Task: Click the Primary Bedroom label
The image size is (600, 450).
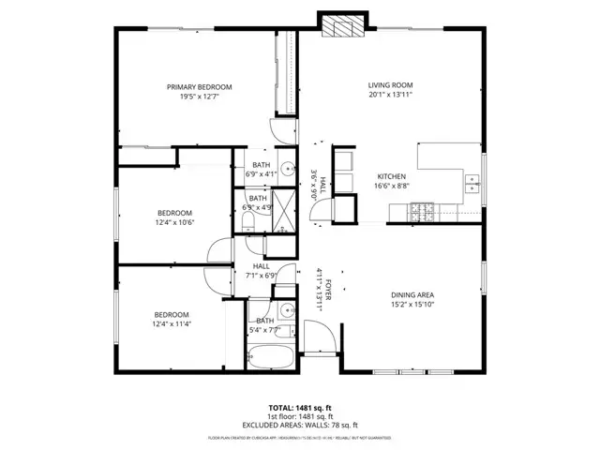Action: point(200,87)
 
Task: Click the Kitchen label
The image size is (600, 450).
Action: point(391,176)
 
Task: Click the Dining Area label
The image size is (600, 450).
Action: point(412,294)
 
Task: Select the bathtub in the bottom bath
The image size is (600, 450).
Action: point(270,357)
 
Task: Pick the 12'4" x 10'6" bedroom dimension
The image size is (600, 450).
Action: point(173,223)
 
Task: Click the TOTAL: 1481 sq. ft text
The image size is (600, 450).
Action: point(299,407)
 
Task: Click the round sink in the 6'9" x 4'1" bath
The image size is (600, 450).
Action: point(288,170)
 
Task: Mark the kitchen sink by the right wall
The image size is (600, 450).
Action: point(473,186)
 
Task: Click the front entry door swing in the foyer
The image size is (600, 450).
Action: point(319,336)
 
